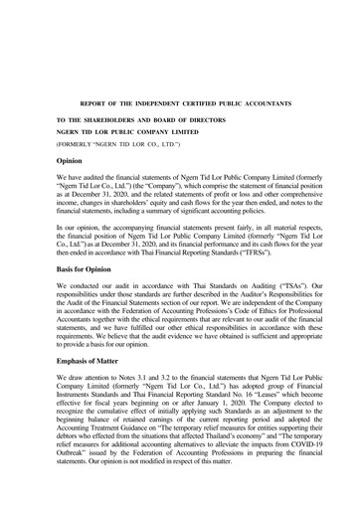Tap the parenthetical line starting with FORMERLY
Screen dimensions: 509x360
117,145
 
